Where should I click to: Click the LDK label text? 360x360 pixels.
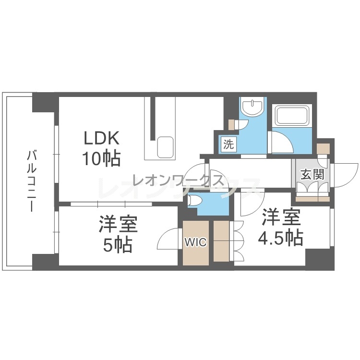click(102, 138)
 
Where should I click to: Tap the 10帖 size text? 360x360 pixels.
click(101, 158)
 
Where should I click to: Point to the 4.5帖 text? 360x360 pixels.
click(281, 238)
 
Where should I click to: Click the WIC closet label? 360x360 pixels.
click(196, 242)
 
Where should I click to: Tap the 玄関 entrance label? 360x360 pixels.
click(312, 175)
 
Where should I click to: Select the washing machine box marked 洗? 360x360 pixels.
click(228, 144)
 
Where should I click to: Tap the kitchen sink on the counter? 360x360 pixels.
click(166, 147)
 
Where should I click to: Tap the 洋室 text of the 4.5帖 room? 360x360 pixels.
click(282, 217)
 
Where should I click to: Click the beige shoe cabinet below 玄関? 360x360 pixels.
click(312, 199)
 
